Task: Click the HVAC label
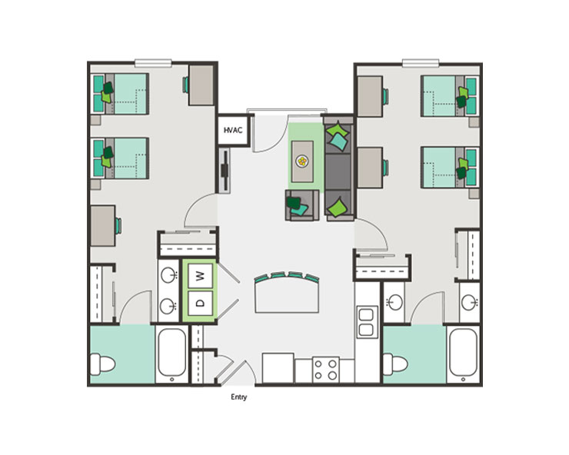click(233, 131)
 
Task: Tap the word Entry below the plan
click(238, 397)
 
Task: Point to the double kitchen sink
click(366, 320)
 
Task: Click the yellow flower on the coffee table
click(303, 162)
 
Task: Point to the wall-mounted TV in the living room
click(224, 170)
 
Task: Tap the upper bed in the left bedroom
click(120, 93)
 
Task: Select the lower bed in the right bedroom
click(448, 164)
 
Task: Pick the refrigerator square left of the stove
click(278, 367)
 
